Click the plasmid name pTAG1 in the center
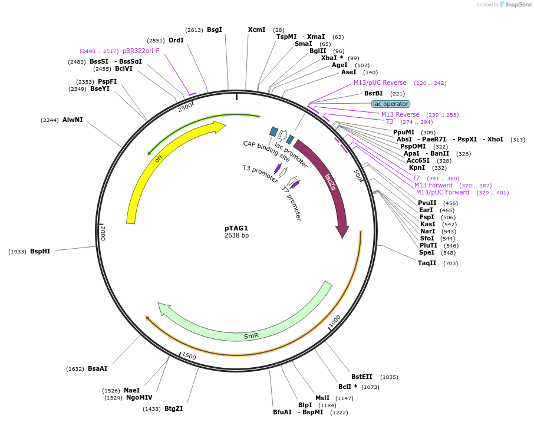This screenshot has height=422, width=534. [236, 228]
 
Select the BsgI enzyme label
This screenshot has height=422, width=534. [215, 29]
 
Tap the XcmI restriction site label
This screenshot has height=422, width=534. [256, 29]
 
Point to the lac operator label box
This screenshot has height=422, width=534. [390, 104]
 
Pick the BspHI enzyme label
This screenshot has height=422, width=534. [40, 251]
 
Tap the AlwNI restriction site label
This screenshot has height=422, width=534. [72, 120]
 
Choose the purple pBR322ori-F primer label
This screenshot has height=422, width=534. [141, 51]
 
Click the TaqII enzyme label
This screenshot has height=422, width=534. [427, 263]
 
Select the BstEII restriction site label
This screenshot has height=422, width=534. [362, 377]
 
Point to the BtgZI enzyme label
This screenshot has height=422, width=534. [173, 408]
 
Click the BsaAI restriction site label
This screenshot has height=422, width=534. [97, 368]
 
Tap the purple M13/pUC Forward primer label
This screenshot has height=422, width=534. [443, 192]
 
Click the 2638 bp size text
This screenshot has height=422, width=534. [236, 236]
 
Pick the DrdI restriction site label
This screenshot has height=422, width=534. [176, 40]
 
